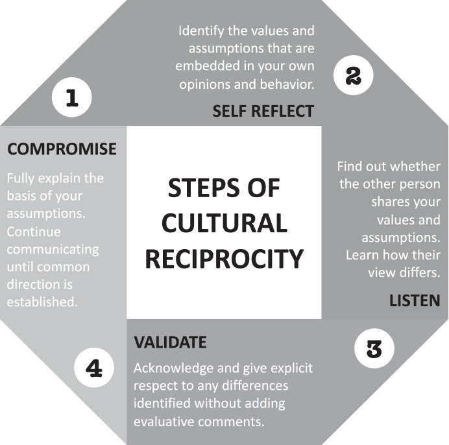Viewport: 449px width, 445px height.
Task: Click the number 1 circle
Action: (x=71, y=99)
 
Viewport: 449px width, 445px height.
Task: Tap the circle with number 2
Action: (x=353, y=77)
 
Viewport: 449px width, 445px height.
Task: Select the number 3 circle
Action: (x=374, y=350)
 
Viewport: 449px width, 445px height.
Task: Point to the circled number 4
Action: (x=94, y=369)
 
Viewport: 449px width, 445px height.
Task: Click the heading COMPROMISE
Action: (x=62, y=149)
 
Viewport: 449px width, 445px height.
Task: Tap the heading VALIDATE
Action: (x=170, y=341)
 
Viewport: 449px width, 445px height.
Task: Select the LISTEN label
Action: (x=415, y=300)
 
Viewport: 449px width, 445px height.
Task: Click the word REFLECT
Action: (x=282, y=112)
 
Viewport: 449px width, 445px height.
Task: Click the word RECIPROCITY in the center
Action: (x=224, y=258)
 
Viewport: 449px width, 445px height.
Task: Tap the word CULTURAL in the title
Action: (x=224, y=223)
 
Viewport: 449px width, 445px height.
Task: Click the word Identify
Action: (x=202, y=30)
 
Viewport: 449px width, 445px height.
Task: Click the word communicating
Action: (x=53, y=249)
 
